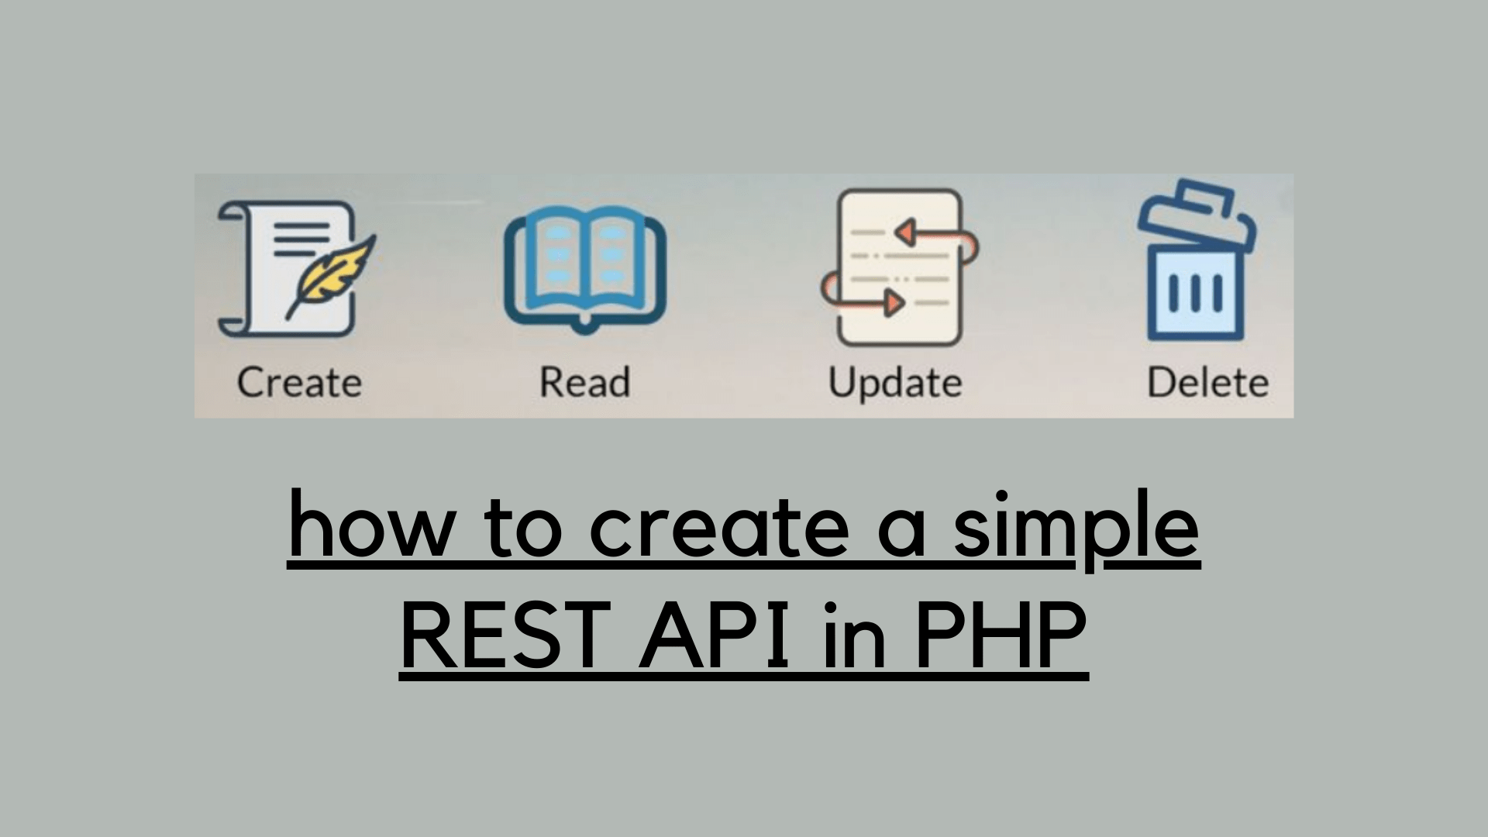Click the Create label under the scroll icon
(x=299, y=383)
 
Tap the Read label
(x=584, y=383)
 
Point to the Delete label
(x=1207, y=383)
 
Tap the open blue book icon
(x=585, y=267)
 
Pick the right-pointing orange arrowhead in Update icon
(x=894, y=302)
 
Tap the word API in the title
(x=714, y=637)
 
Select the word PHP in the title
(x=999, y=637)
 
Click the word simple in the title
(x=1076, y=527)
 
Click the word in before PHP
(x=853, y=637)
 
